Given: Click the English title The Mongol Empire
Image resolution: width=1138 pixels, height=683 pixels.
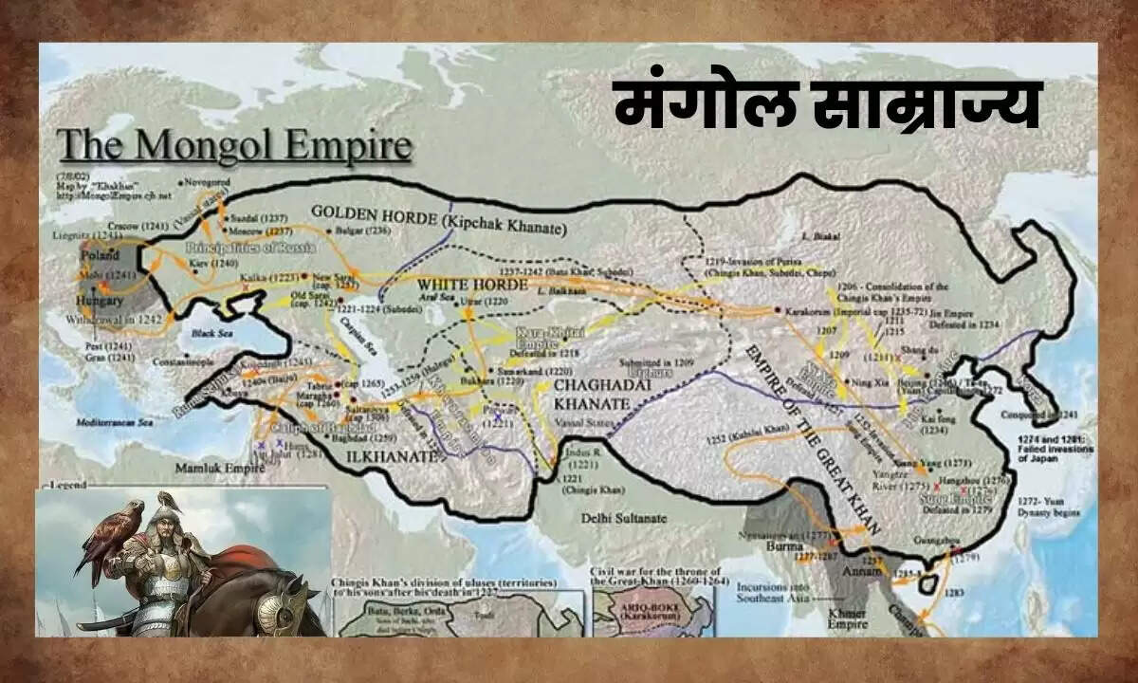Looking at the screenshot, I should coord(234,147).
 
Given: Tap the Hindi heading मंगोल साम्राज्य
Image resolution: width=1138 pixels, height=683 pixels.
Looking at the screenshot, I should coord(826,105).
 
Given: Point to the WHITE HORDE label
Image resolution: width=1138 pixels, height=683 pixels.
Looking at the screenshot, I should coord(460,283).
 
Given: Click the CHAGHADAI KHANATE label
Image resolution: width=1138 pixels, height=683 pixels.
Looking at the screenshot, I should coord(592,395).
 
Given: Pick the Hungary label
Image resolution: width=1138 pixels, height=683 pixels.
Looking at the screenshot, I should coord(98,301).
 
